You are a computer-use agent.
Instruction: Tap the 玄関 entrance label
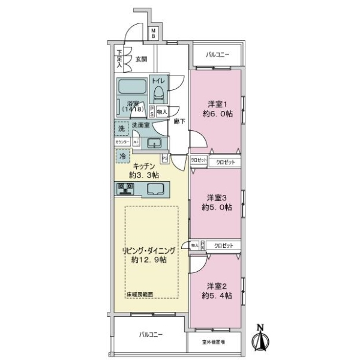pos(141,59)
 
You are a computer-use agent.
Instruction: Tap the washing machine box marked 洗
pos(122,128)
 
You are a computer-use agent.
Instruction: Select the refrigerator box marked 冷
pos(122,155)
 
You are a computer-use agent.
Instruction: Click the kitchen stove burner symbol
pos(127,188)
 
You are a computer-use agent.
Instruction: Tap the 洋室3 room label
pos(217,197)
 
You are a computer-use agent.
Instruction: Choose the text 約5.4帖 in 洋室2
pos(217,296)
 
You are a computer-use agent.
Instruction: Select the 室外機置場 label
pos(214,343)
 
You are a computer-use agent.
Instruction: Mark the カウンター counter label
pos(122,143)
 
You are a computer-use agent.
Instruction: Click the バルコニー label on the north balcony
pos(217,55)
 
